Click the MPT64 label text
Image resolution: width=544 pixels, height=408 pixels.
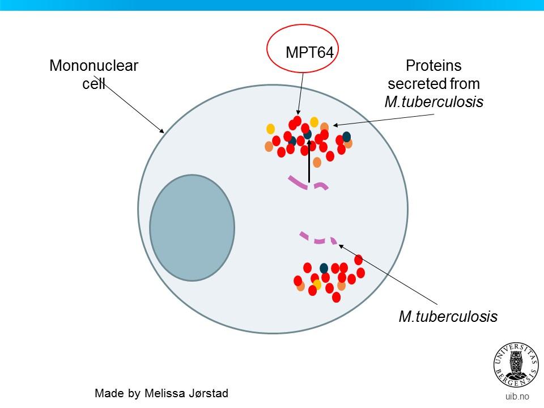click(x=309, y=52)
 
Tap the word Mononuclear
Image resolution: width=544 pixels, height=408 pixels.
click(x=93, y=66)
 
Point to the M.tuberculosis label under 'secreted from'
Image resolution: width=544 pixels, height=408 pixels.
click(x=433, y=103)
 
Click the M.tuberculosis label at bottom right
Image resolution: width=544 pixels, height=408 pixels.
click(x=448, y=316)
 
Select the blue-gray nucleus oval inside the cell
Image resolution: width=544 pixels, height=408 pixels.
click(x=192, y=227)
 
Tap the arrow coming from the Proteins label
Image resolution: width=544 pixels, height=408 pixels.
click(x=385, y=119)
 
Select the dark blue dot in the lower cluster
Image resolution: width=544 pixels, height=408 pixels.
click(x=324, y=268)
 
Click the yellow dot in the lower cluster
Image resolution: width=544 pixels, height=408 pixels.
click(x=317, y=284)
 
